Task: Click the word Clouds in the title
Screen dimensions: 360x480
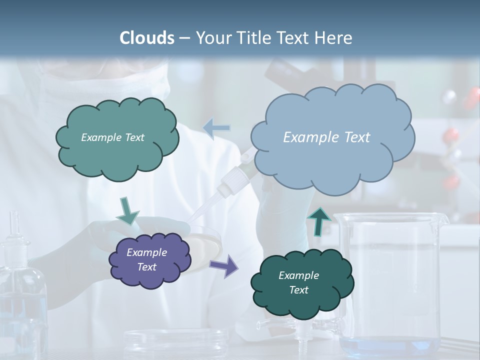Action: [146, 38]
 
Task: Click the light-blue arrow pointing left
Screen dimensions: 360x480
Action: [216, 128]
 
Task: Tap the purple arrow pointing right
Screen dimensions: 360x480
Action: [223, 265]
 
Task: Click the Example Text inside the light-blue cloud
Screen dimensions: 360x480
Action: [326, 137]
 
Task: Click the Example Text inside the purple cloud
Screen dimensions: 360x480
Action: [147, 259]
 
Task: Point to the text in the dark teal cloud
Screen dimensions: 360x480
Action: [299, 282]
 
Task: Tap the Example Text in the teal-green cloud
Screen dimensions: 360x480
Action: [112, 137]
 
